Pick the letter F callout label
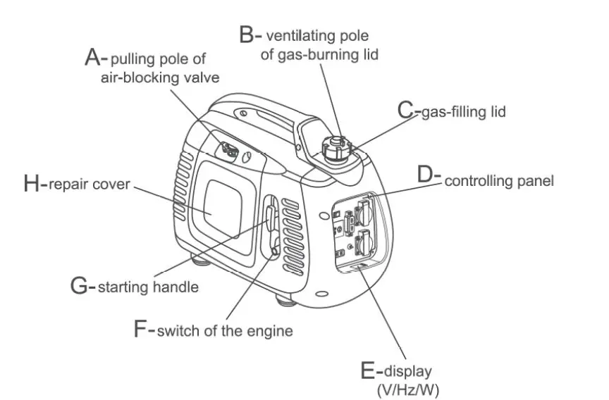tap(142, 328)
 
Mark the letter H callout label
tap(32, 185)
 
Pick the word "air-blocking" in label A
tap(137, 77)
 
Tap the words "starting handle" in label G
tap(148, 287)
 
